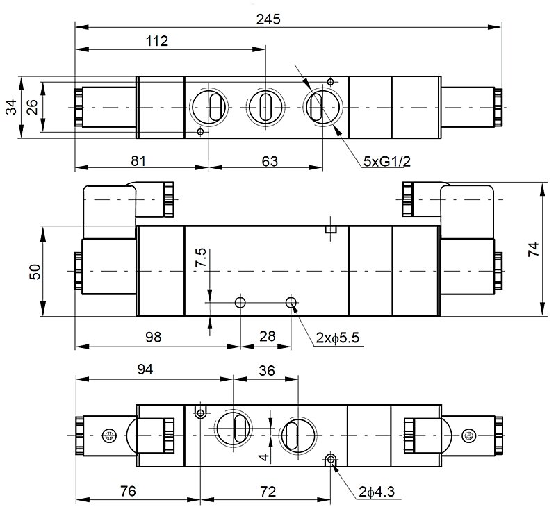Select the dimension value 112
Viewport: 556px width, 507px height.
click(158, 41)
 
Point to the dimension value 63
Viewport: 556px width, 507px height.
click(270, 161)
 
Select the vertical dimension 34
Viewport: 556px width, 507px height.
click(11, 107)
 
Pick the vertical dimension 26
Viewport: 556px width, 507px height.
click(31, 107)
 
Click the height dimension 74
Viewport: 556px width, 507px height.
click(533, 251)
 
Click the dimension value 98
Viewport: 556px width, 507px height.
click(153, 338)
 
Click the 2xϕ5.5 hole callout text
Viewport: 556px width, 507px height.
click(336, 339)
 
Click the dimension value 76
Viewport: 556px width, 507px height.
click(128, 492)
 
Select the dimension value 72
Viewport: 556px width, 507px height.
click(267, 492)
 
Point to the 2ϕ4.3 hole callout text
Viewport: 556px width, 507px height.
click(377, 492)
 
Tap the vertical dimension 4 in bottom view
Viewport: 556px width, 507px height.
click(263, 457)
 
